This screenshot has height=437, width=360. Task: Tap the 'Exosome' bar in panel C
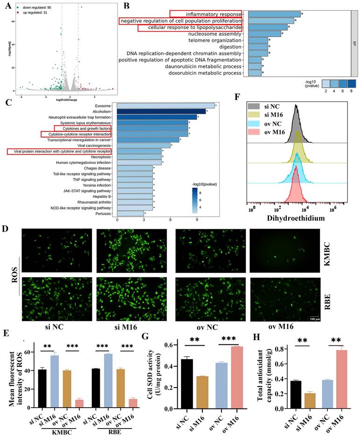[x=166, y=106]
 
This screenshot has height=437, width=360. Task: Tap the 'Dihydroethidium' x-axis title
[x=295, y=217]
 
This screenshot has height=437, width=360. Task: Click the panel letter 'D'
[x=7, y=230]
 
